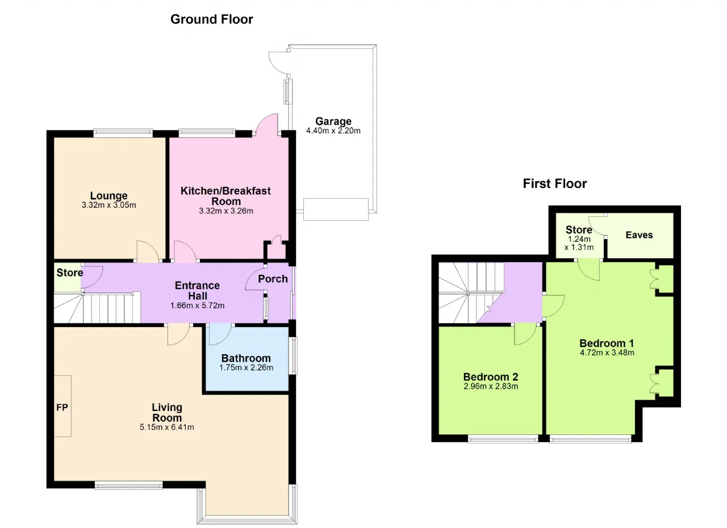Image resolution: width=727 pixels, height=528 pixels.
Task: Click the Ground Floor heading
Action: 212,19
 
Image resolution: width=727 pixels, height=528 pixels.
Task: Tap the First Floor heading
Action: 555,184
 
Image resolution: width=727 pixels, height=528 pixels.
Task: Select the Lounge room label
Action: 108,195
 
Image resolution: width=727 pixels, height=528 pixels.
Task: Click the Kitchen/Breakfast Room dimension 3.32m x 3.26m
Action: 226,211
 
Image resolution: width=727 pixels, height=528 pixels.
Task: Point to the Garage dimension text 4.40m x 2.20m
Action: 333,131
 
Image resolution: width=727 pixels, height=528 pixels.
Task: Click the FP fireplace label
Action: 62,407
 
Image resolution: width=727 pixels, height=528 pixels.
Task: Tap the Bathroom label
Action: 246,358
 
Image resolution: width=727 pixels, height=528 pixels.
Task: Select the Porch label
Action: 273,279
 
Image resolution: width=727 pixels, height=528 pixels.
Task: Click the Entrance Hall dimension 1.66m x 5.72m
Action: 197,305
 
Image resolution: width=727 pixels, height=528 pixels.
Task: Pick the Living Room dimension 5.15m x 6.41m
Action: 167,427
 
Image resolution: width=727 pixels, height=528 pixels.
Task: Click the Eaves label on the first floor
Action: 639,235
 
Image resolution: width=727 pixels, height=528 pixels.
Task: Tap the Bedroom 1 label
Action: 607,343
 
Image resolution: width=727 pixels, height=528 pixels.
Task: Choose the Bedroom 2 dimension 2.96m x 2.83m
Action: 491,386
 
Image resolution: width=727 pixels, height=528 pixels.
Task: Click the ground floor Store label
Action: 70,273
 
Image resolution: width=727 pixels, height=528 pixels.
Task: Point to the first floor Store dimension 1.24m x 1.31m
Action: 579,243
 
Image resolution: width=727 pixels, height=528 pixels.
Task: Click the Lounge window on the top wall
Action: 123,132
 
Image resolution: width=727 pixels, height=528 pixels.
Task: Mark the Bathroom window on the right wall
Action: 293,356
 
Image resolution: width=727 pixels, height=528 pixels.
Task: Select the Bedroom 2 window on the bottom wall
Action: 503,440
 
